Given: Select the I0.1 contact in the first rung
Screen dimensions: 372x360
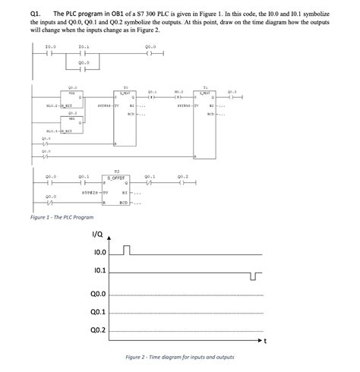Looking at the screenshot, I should tap(83, 55).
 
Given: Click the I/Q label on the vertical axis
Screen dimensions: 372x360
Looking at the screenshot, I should tap(98, 234).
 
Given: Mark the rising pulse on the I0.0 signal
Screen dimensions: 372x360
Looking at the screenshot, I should tap(128, 249).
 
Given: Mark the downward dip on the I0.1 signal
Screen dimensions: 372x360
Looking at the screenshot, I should tap(254, 275).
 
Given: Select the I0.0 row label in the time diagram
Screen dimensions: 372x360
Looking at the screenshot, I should tap(99, 252).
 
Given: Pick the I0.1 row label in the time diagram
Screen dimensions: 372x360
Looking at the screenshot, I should tap(99, 271).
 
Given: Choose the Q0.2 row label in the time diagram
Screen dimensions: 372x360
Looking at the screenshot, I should tap(98, 330).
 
